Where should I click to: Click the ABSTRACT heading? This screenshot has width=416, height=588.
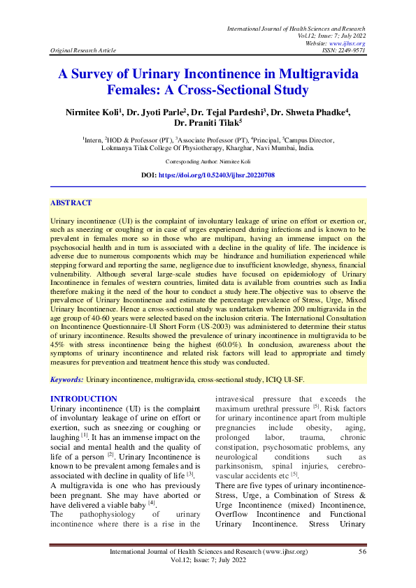point(71,203)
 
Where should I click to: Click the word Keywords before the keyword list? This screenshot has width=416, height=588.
point(66,378)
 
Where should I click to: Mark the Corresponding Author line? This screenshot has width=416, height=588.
point(208,161)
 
